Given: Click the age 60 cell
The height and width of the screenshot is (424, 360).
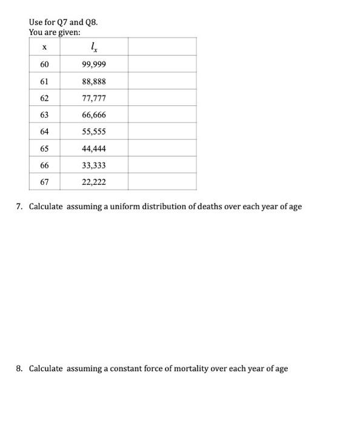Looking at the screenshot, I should point(45,64).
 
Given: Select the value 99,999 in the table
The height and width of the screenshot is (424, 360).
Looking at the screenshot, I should point(94,64).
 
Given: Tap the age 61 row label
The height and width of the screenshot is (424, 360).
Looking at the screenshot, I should point(45,81).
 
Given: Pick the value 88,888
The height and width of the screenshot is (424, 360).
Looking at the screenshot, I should point(94,81).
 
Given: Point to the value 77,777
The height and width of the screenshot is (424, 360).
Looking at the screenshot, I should point(94,98).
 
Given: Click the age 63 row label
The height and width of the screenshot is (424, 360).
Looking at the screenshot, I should point(45,114).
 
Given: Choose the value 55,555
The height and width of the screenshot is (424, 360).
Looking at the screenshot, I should point(94,131).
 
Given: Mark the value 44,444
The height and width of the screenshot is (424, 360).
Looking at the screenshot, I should point(94,148).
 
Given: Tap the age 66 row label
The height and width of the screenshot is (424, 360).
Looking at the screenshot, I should point(45,165).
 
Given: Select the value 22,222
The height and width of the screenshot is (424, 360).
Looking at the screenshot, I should point(94,182).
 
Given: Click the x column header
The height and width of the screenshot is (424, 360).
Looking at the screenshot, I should point(45,47).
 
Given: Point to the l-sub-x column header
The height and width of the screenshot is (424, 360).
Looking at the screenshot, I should point(93,47).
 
